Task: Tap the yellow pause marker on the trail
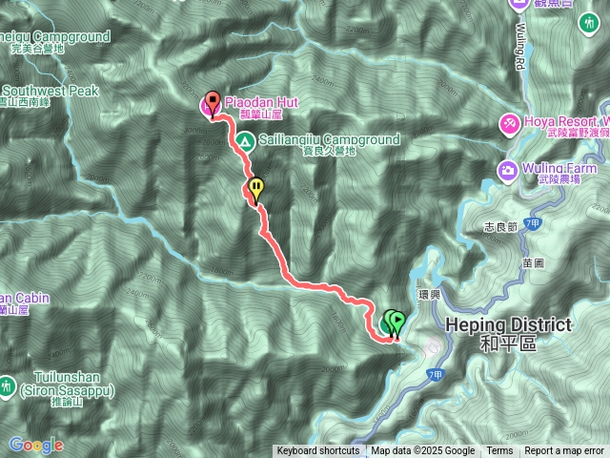coord(255,187)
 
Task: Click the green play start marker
coord(396,322)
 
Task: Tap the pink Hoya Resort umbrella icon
coord(510,123)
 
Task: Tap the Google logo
coord(35,445)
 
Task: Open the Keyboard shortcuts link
coord(318,451)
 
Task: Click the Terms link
coord(499,451)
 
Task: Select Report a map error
coord(564,451)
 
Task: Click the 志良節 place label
coord(499,227)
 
